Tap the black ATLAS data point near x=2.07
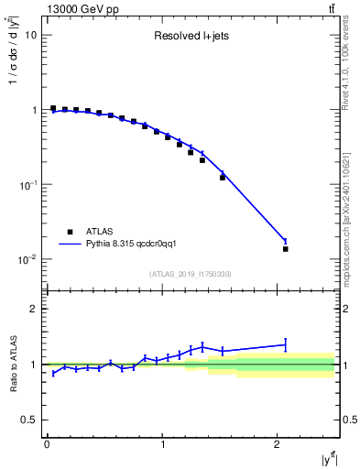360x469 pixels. click(286, 248)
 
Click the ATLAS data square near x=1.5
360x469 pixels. click(223, 177)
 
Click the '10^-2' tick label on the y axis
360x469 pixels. click(27, 259)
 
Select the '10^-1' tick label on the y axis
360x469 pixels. click(27, 184)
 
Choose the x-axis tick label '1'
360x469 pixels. click(162, 445)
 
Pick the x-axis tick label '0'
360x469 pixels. click(47, 445)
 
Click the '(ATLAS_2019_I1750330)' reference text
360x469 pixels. click(191, 274)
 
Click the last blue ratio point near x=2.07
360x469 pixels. click(286, 344)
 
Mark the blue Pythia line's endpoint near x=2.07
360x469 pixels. click(286, 241)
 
